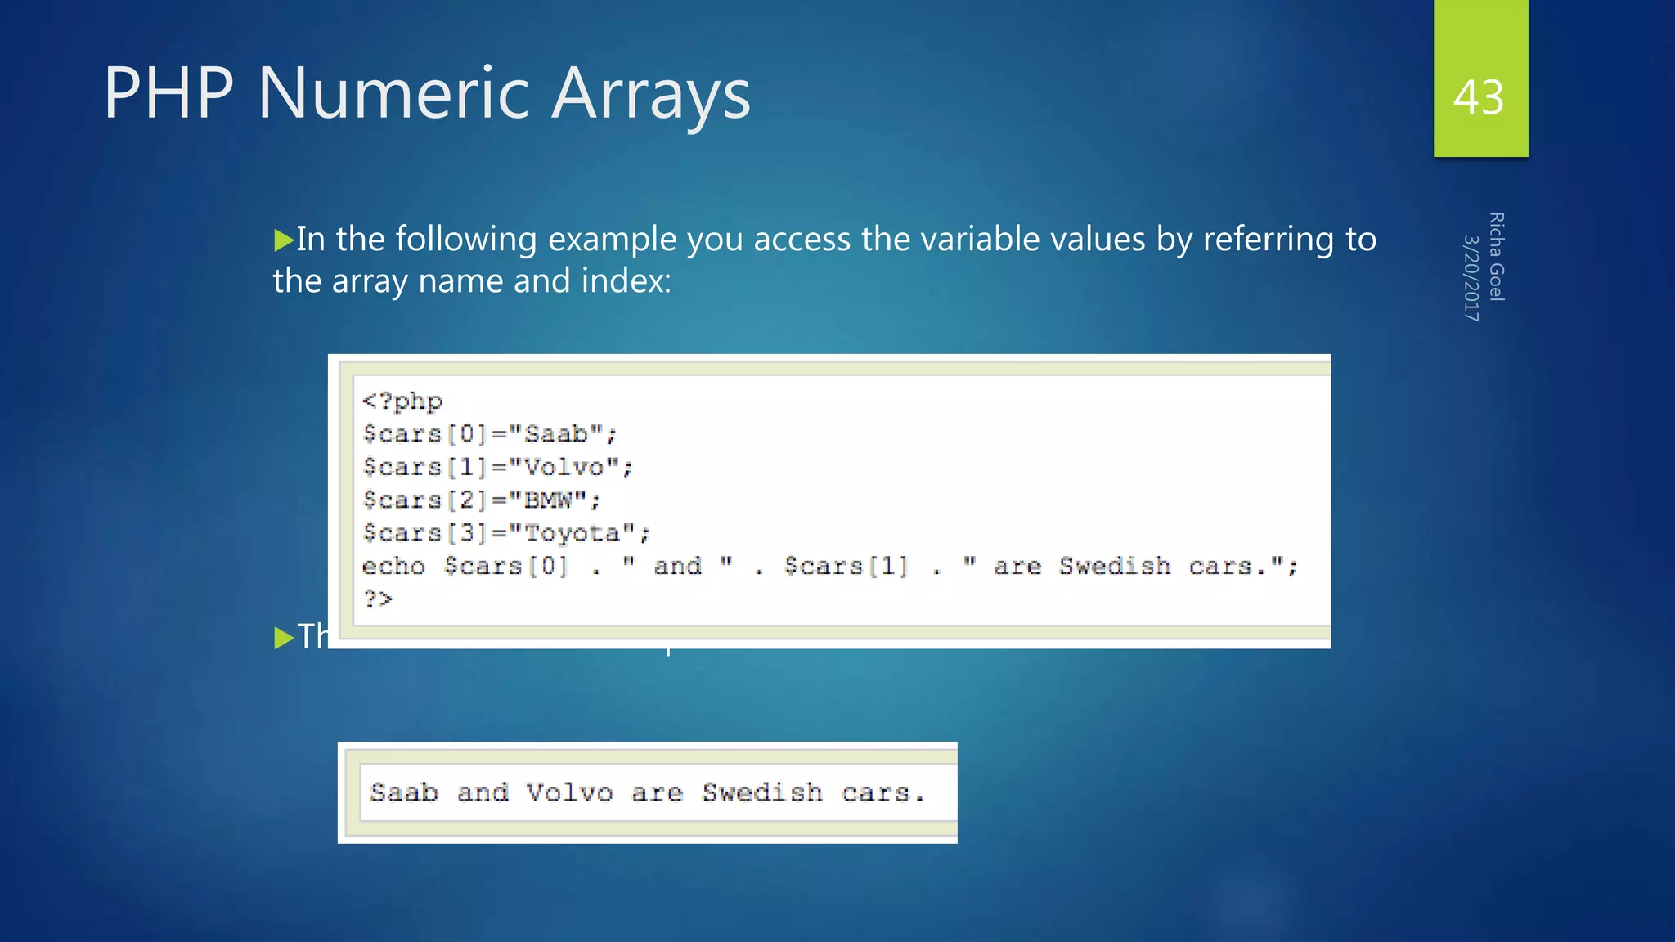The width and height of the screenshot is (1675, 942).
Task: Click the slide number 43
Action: click(x=1479, y=98)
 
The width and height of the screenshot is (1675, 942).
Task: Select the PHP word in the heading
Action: click(x=168, y=93)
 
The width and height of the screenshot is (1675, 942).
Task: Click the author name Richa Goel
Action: click(x=1496, y=257)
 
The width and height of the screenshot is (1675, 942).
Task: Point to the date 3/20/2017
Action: click(x=1471, y=278)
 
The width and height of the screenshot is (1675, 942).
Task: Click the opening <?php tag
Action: click(x=402, y=401)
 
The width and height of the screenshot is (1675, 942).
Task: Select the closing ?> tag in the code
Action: click(x=378, y=599)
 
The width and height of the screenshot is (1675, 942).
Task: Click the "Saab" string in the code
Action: click(x=556, y=434)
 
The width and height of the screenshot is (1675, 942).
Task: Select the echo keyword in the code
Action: click(x=393, y=567)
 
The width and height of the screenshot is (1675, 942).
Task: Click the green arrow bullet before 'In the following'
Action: click(x=283, y=240)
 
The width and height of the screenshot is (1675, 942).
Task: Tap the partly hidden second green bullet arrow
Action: click(x=283, y=637)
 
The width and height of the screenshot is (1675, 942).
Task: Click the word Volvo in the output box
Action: click(x=569, y=792)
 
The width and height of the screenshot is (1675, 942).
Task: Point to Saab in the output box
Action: click(x=403, y=792)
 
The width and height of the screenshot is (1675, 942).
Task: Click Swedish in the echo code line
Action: click(x=1115, y=567)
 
